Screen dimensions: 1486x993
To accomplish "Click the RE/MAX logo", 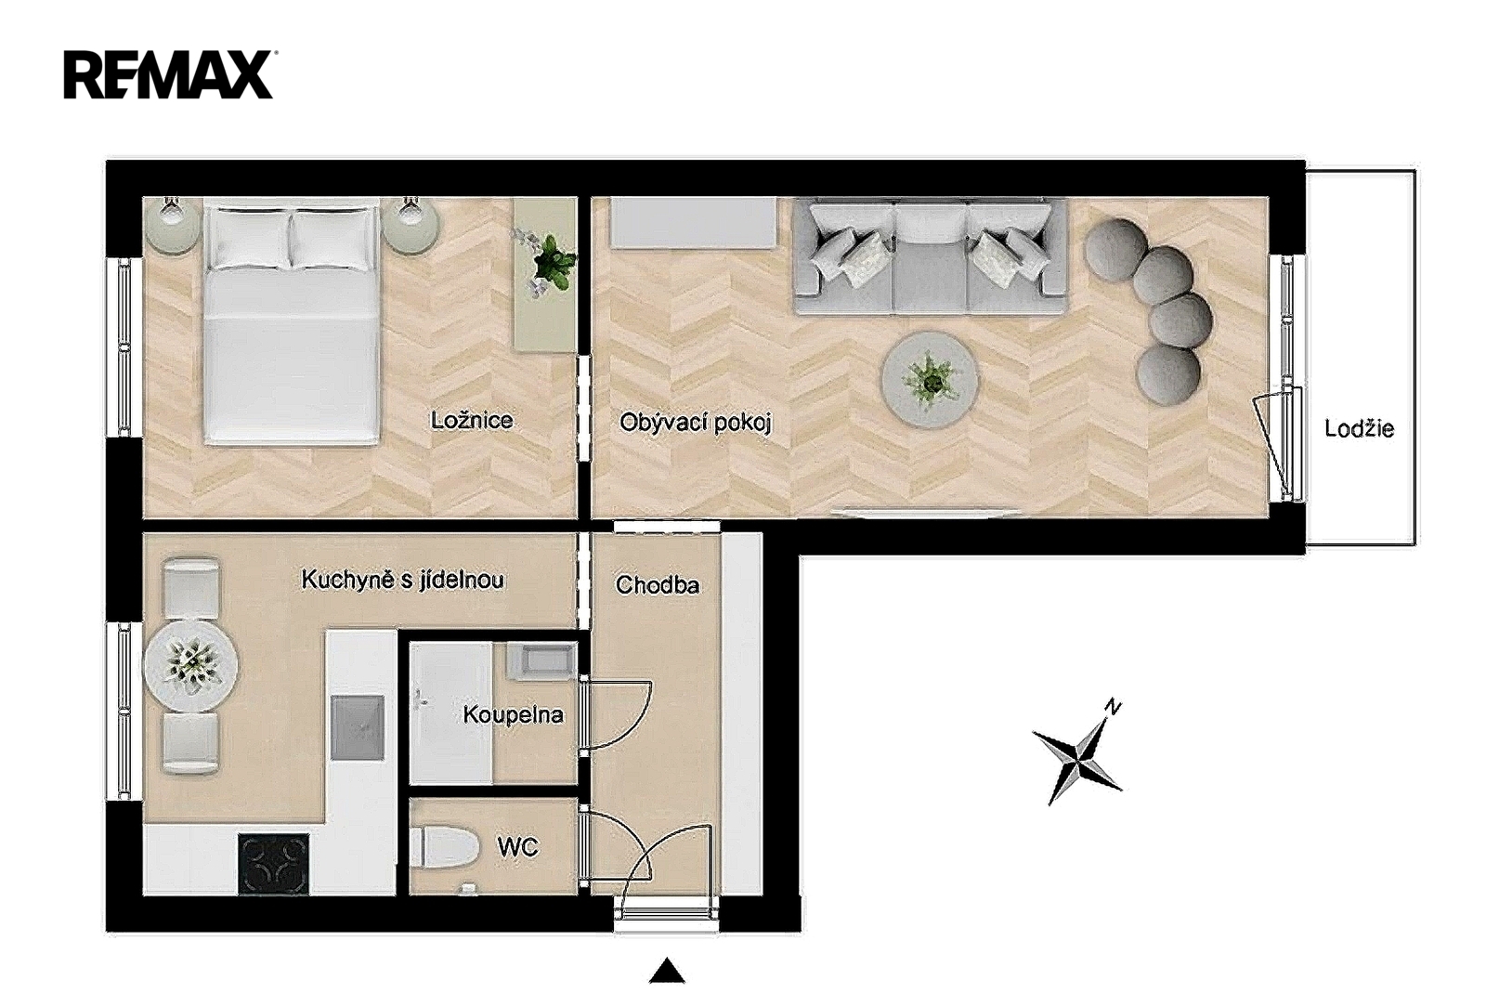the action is click(x=168, y=75).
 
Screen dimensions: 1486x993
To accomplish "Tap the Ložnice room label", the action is click(x=472, y=421).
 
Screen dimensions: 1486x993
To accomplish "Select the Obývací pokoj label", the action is click(x=696, y=424).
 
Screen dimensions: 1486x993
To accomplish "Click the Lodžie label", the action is click(x=1360, y=428).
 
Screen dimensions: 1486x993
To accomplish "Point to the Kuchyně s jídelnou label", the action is click(x=403, y=580).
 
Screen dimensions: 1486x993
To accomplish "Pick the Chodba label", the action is click(x=657, y=585).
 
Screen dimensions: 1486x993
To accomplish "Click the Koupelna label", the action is click(x=514, y=714).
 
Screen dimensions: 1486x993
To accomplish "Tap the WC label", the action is click(x=518, y=848).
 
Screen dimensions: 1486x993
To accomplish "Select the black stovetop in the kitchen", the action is click(x=273, y=864).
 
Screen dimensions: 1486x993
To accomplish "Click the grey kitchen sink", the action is click(x=358, y=727).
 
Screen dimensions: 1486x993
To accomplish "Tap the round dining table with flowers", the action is click(x=191, y=665).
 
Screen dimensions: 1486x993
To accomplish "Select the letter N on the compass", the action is click(x=1114, y=708).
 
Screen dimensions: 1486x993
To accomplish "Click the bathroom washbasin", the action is click(x=539, y=661).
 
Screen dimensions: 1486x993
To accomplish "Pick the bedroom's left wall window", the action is click(x=124, y=346).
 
